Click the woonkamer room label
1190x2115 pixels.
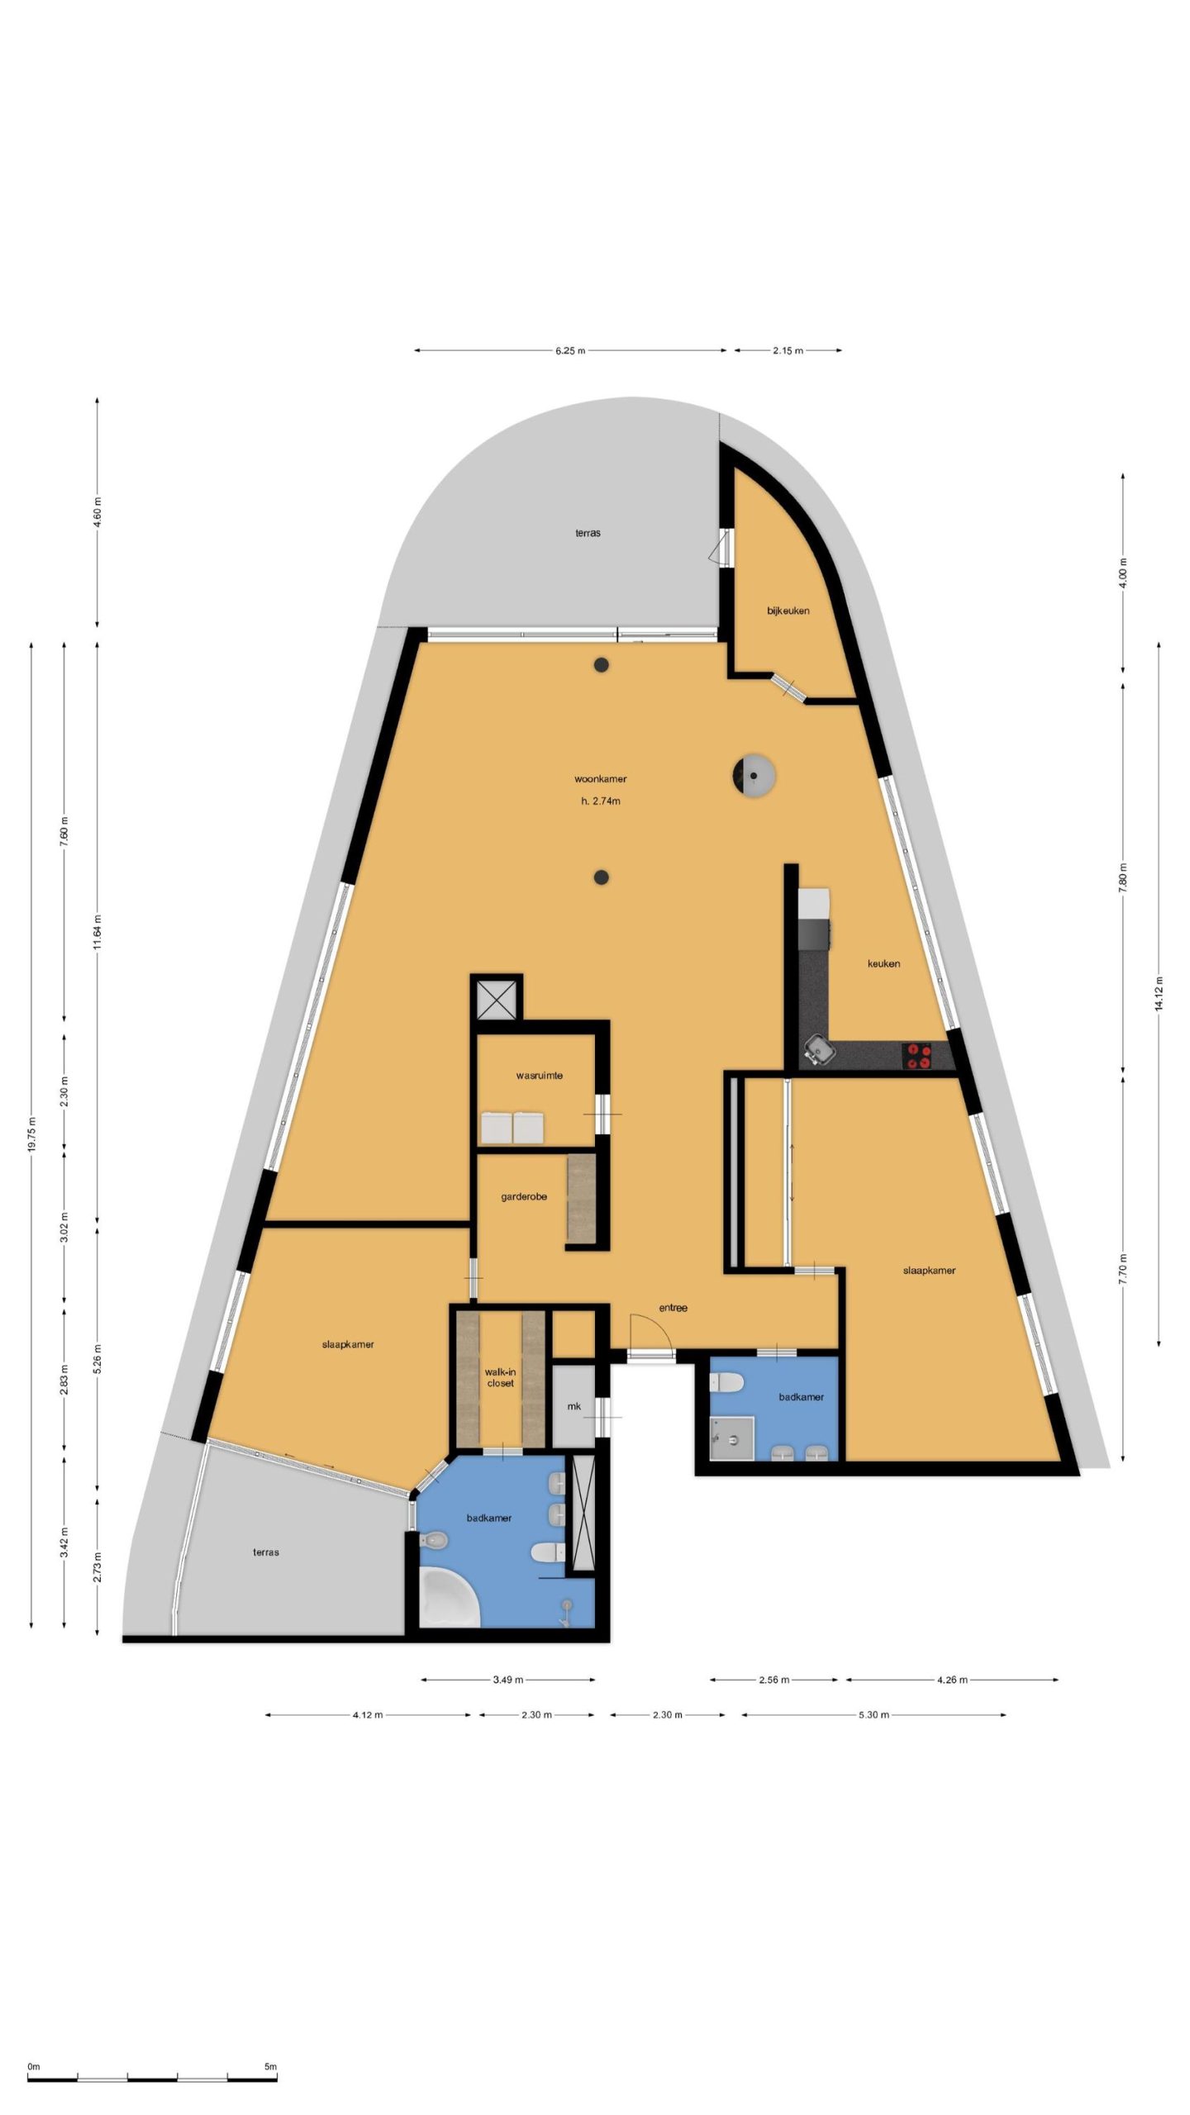click(600, 778)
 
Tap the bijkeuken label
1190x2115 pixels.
click(788, 611)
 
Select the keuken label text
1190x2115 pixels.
click(883, 963)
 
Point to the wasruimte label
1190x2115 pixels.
click(539, 1076)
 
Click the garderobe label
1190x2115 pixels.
click(523, 1196)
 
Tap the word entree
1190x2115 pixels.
click(673, 1308)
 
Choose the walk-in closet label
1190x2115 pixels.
click(500, 1377)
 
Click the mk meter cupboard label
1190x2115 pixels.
click(574, 1406)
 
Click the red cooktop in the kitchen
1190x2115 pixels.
click(917, 1057)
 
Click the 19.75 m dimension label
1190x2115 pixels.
click(31, 1134)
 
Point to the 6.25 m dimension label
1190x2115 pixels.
click(569, 350)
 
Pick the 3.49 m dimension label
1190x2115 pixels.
click(507, 1680)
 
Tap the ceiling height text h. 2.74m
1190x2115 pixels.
click(600, 801)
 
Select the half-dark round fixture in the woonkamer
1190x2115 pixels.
click(753, 776)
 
